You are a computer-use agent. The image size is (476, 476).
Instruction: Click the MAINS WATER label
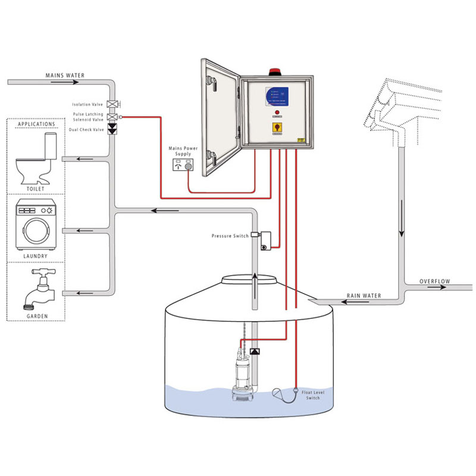pyautogui.click(x=65, y=76)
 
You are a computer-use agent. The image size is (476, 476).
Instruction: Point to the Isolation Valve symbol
pyautogui.click(x=111, y=105)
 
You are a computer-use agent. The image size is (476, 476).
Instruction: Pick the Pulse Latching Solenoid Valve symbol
pyautogui.click(x=111, y=117)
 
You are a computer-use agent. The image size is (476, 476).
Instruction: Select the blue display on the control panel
pyautogui.click(x=277, y=98)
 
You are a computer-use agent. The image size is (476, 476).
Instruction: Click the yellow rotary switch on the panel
pyautogui.click(x=277, y=127)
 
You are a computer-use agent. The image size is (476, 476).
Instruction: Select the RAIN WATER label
pyautogui.click(x=364, y=296)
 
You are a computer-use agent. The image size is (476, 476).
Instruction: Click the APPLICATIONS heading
pyautogui.click(x=36, y=124)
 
